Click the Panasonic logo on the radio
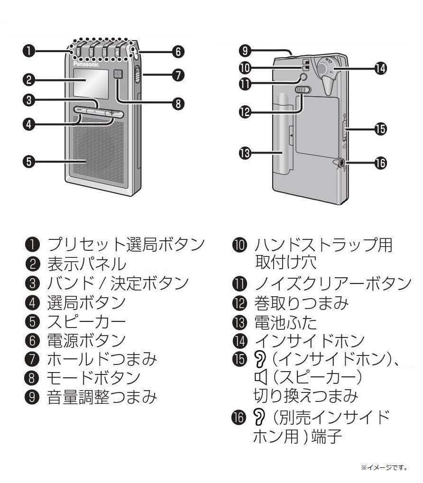(86, 64)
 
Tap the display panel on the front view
(90, 82)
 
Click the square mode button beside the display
(119, 74)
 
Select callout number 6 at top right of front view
(178, 52)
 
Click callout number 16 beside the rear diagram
(380, 163)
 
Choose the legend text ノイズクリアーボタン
(332, 283)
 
